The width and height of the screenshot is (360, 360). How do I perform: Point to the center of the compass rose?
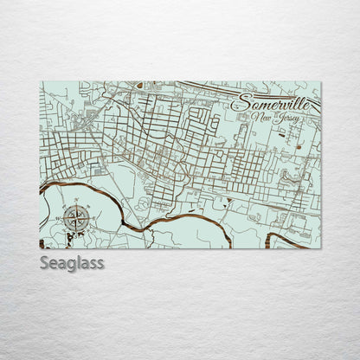coord(76,217)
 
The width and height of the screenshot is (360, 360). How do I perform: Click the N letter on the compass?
coord(79,203)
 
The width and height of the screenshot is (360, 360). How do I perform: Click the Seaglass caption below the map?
coord(72,263)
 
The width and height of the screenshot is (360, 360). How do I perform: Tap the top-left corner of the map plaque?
coord(40,82)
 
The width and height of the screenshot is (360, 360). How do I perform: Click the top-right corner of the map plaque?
coord(321,82)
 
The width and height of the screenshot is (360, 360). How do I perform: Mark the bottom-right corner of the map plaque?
coord(321,248)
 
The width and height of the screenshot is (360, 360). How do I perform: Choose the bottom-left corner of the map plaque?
coord(40,248)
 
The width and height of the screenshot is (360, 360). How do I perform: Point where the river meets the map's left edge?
coord(42,186)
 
